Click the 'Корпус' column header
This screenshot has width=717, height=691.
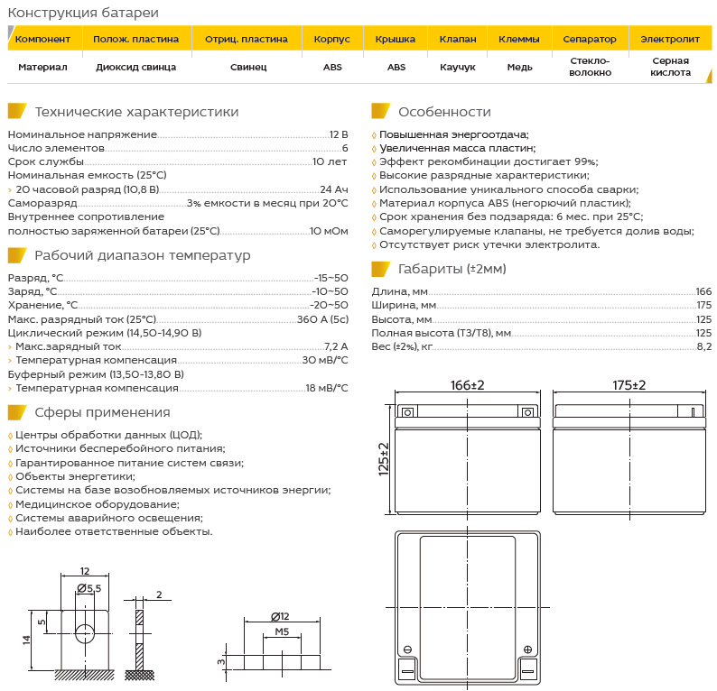coord(331,40)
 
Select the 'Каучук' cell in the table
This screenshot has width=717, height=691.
coord(457,67)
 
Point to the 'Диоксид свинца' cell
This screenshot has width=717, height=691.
coord(135,67)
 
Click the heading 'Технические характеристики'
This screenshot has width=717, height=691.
coord(136,112)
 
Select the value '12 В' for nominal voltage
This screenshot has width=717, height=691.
coord(339,134)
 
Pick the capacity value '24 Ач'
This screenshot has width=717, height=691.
coord(333,189)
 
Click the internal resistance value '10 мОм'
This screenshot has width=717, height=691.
coord(329,231)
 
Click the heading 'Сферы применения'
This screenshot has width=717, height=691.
coord(102,412)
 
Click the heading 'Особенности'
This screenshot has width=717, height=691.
coord(444,112)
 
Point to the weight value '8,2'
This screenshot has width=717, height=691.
coord(703,346)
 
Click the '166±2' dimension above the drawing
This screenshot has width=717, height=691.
coord(467,385)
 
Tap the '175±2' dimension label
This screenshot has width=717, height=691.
coord(629,385)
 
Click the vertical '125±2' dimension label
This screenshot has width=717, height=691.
coord(383,458)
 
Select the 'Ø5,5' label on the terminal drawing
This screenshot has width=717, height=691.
coord(89,588)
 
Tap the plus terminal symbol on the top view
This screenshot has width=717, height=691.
coord(526,649)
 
